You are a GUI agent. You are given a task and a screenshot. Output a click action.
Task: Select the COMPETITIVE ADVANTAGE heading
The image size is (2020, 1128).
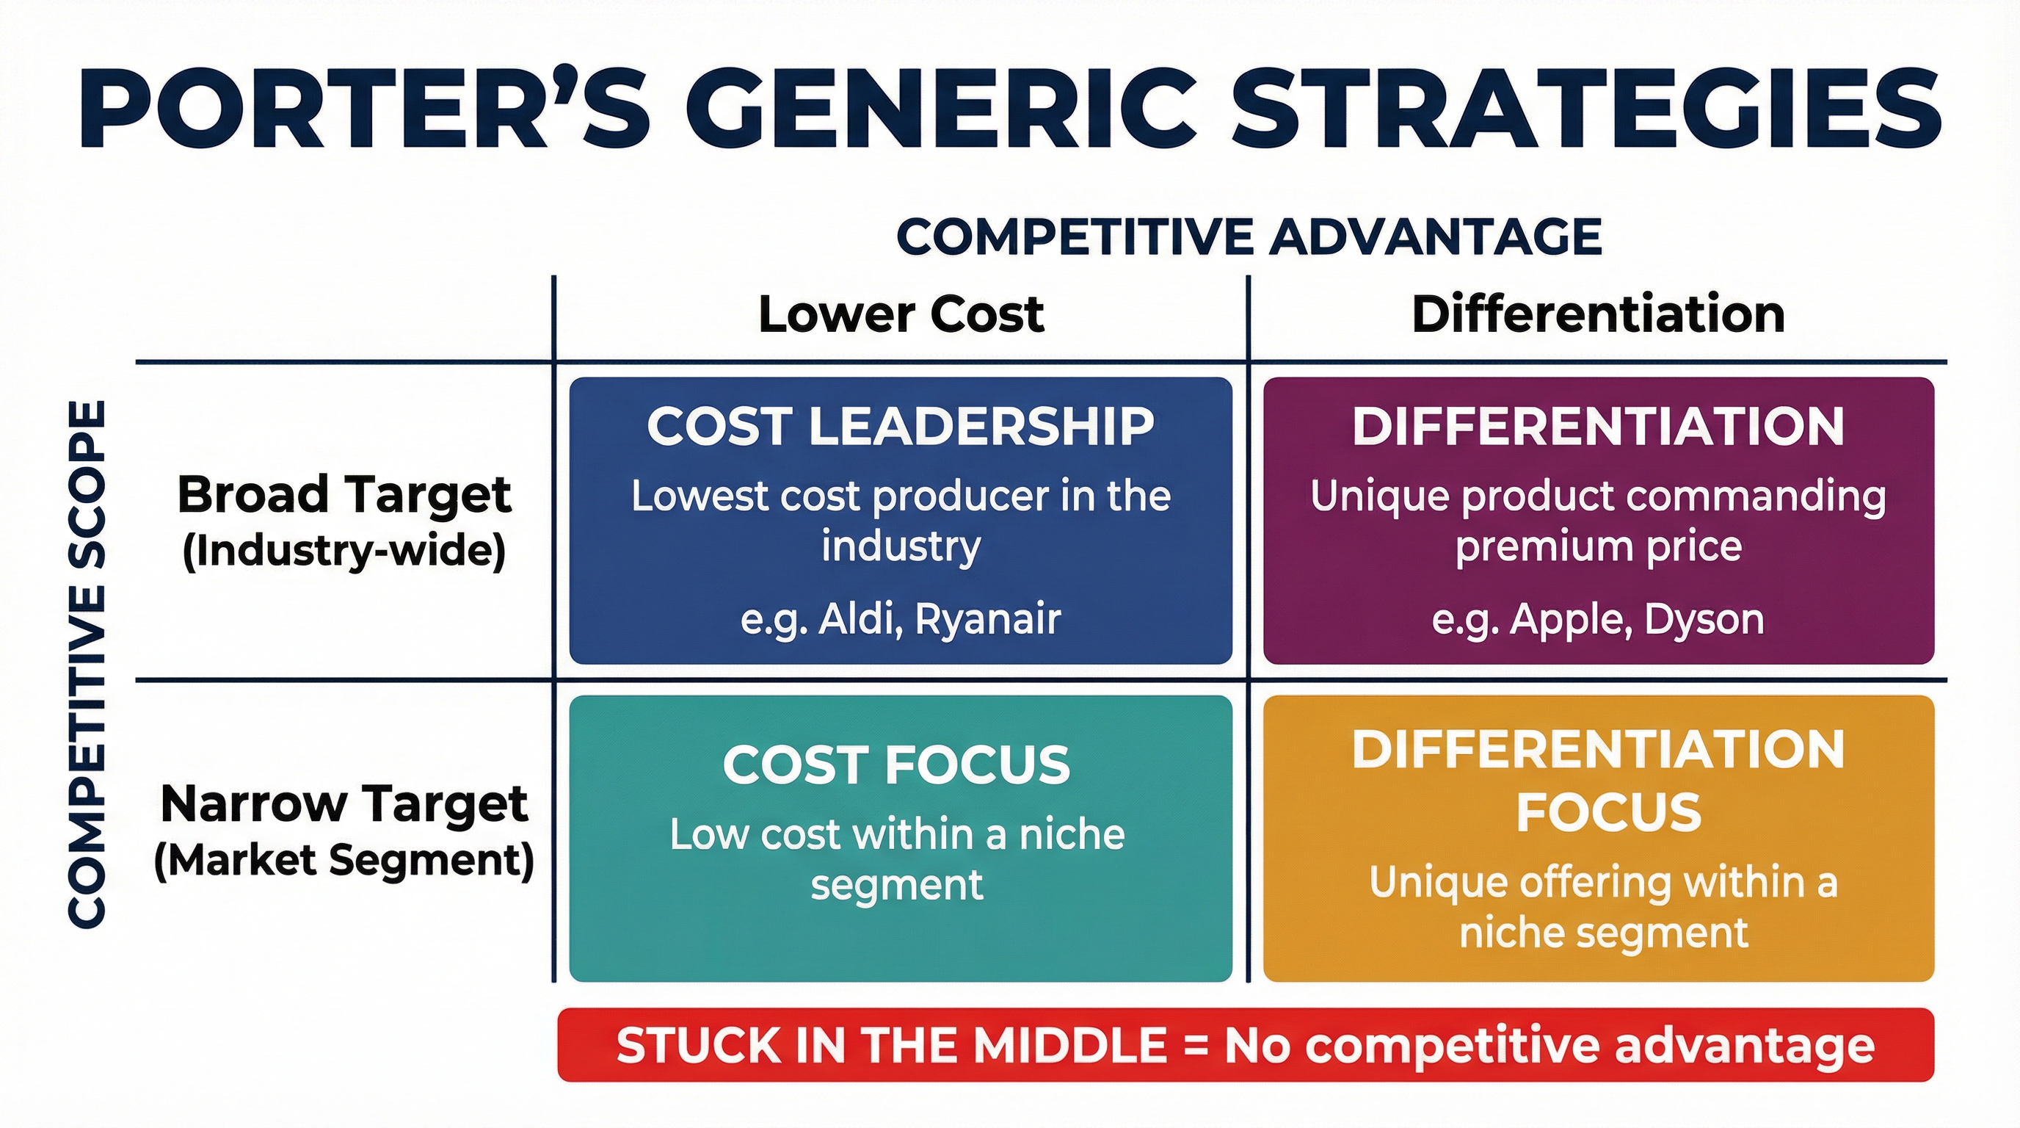[x=1249, y=236]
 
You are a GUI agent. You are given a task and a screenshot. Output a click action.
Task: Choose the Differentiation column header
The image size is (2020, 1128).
[x=1598, y=314]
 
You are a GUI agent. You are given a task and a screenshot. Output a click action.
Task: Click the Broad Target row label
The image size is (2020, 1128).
[x=344, y=495]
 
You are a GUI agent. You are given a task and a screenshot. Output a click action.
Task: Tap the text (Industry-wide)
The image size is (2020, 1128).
[x=344, y=550]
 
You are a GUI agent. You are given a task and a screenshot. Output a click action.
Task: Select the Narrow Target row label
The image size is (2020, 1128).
[x=344, y=804]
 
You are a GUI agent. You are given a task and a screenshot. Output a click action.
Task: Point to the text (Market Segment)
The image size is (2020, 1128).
[x=344, y=860]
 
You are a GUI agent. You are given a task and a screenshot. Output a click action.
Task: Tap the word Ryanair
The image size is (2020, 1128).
[x=988, y=619]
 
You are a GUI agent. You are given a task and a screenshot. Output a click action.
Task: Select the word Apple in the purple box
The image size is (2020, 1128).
[x=1571, y=620]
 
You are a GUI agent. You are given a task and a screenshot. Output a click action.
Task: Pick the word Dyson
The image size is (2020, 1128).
[x=1704, y=619]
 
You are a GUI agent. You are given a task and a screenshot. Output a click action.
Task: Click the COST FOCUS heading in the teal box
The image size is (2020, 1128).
[x=896, y=764]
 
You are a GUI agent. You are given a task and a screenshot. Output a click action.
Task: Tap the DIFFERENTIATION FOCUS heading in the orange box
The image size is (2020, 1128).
[x=1599, y=781]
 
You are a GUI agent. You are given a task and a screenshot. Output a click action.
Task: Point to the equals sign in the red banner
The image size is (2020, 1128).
[x=1196, y=1046]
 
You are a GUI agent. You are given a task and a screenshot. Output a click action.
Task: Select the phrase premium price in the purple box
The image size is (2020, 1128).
[x=1598, y=547]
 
